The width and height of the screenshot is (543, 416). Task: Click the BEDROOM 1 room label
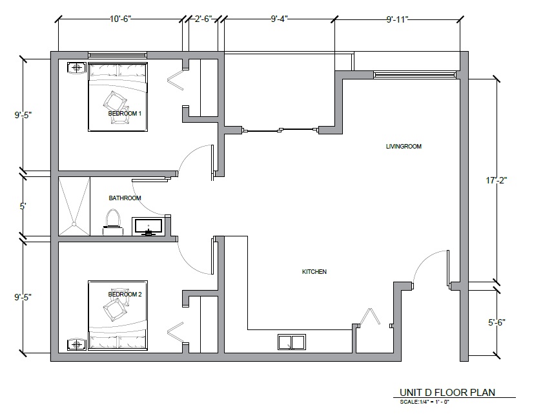125,113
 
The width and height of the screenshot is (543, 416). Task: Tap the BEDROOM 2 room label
125,295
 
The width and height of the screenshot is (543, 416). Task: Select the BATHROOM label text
125,198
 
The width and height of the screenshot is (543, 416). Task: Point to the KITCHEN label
314,272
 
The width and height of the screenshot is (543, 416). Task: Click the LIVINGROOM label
404,147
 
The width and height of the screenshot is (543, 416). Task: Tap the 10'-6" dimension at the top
120,19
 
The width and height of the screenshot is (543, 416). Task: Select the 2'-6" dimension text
203,19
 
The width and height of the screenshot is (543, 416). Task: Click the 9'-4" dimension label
280,19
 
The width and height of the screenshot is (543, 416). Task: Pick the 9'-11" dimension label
398,19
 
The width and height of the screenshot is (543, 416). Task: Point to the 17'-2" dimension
497,180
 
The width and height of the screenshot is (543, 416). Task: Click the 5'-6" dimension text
497,322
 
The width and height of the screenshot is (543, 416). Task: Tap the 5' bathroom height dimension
23,207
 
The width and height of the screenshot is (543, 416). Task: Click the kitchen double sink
292,342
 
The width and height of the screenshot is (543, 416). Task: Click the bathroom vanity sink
149,227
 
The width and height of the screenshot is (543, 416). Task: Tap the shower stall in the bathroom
74,207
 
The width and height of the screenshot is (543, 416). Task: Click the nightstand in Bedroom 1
77,68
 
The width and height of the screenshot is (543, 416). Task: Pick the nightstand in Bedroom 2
77,345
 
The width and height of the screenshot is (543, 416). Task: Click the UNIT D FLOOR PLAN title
447,393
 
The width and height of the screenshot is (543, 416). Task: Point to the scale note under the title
425,402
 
